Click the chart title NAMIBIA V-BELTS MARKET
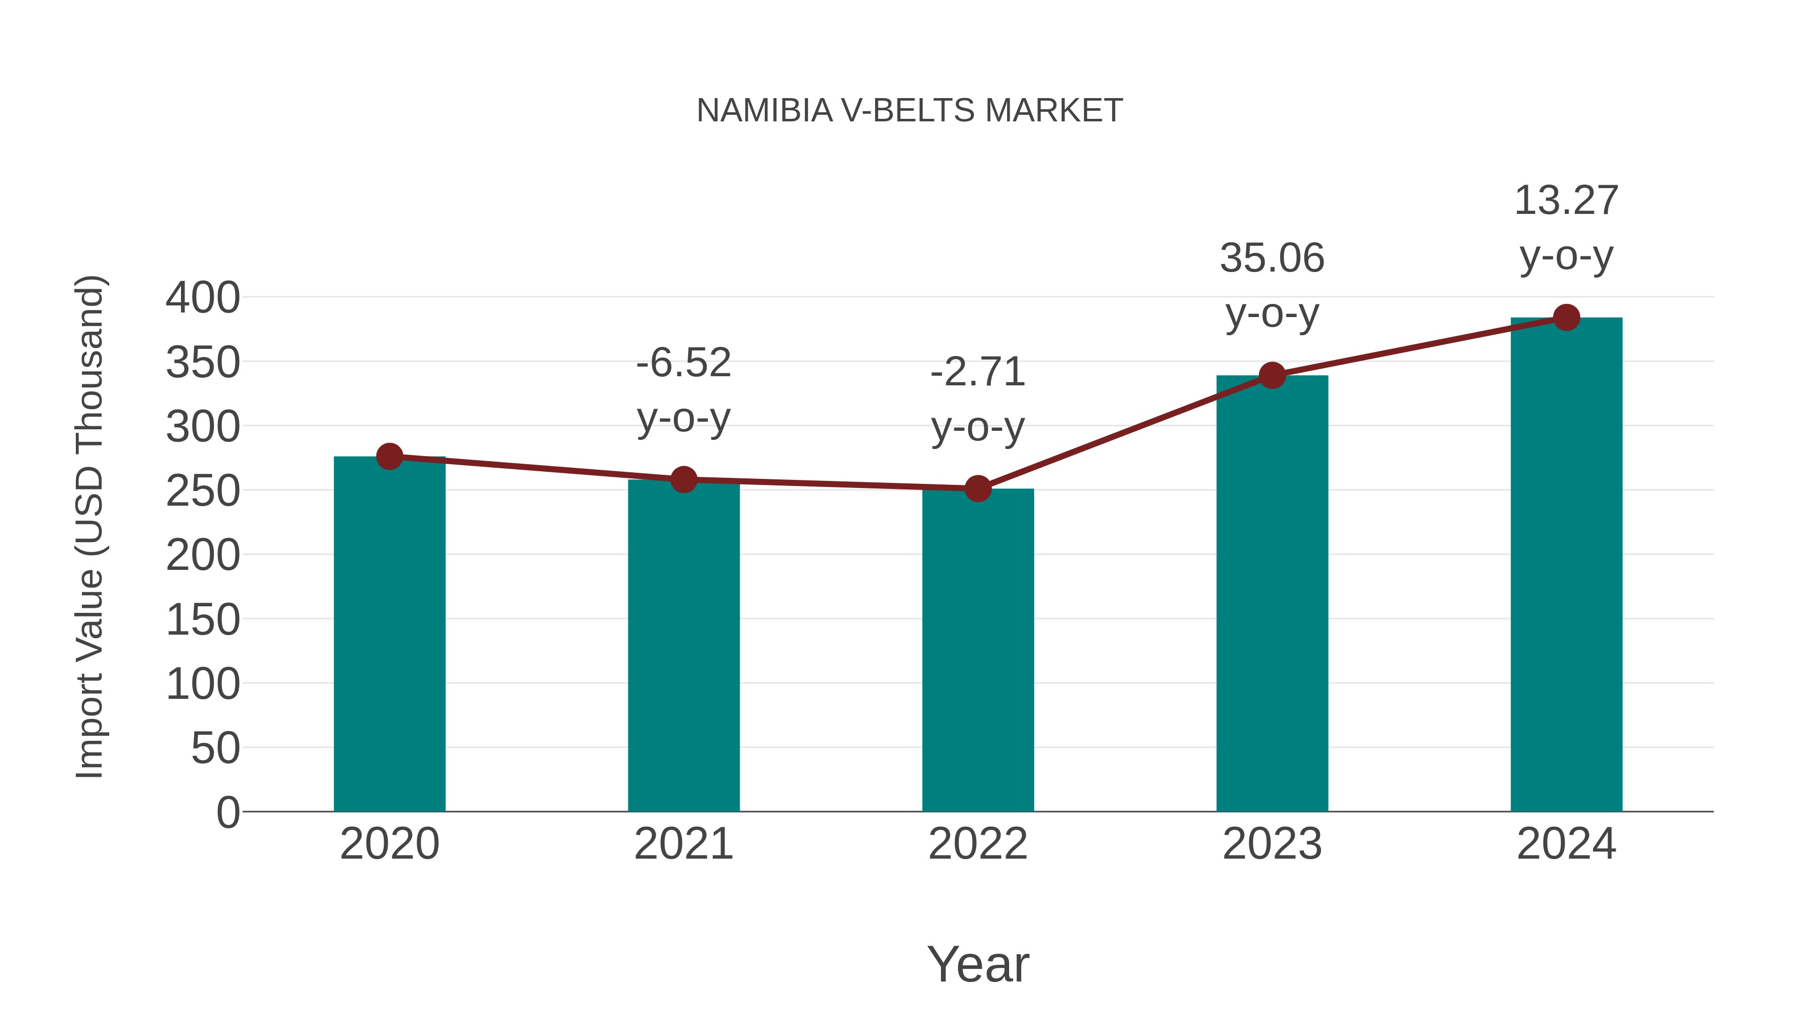(909, 111)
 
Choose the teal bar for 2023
(1272, 593)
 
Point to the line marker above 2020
(389, 457)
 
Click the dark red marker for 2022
(977, 488)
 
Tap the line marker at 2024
(1566, 317)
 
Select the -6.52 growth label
(683, 363)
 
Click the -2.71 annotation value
(977, 372)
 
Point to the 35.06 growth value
(1272, 258)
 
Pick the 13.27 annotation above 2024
(1566, 201)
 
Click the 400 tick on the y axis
(203, 297)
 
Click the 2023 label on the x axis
(1272, 844)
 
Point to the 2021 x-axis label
(683, 844)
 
